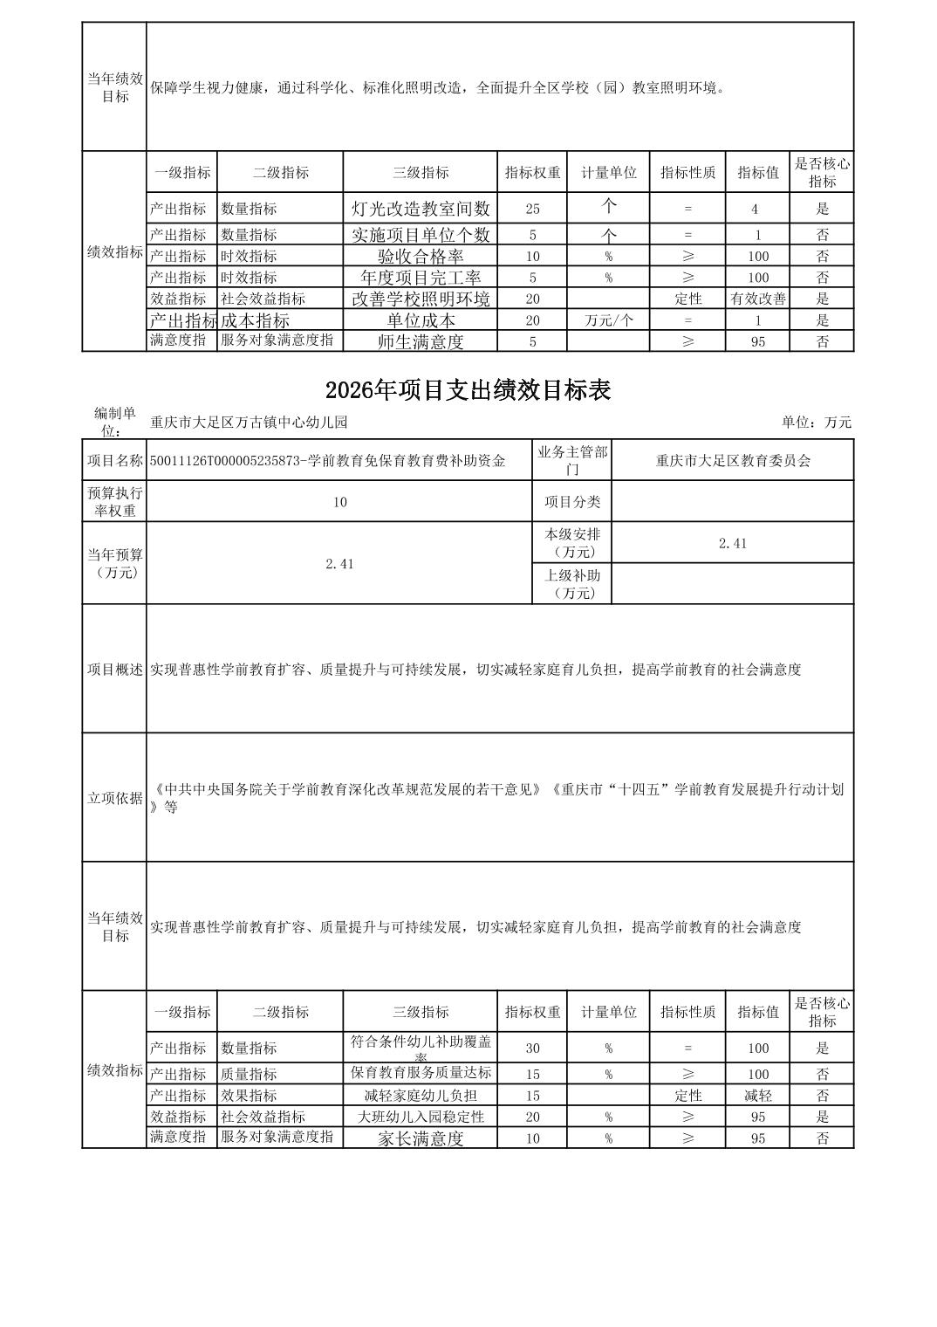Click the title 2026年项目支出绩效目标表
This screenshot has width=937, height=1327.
coord(468,390)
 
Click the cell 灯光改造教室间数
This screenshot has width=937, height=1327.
coord(421,209)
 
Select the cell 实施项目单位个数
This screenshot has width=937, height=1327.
coord(421,235)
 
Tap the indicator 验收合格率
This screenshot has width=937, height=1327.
coord(421,256)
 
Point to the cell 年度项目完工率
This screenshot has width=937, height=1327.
coord(421,278)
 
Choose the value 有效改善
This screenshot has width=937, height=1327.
coord(757,299)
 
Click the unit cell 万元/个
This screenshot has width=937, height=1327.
coord(608,320)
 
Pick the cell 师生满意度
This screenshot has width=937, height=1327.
coord(421,341)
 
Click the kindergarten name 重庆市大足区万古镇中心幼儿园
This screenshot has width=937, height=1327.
coord(249,423)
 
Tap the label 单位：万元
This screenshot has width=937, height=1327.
coord(816,423)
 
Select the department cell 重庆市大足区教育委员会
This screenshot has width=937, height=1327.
coord(733,460)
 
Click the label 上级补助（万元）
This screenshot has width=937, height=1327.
coord(572,584)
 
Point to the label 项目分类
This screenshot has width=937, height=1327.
coord(572,502)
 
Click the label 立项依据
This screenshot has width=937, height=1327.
coord(114,798)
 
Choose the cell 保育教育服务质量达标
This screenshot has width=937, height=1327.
coord(421,1073)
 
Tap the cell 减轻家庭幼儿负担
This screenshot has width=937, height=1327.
coord(421,1096)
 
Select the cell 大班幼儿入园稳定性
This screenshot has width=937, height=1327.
coord(421,1117)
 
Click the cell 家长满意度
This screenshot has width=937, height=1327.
coord(421,1138)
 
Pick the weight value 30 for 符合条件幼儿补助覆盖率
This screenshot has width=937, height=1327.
coord(532,1049)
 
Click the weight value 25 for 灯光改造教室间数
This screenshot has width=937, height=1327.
coord(532,209)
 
